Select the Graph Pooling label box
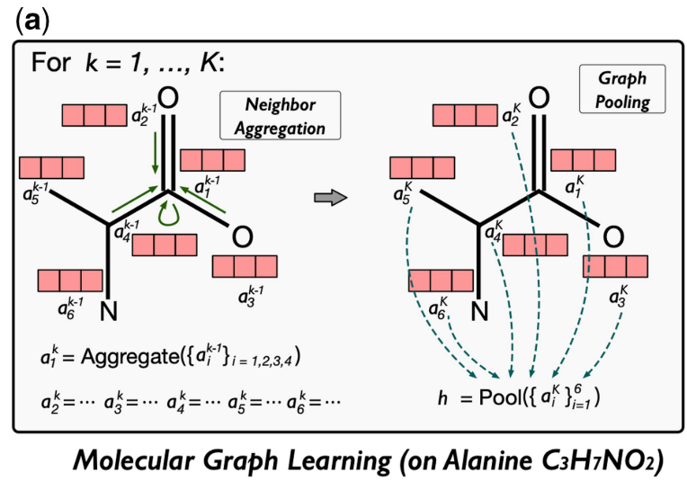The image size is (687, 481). pos(622,89)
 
